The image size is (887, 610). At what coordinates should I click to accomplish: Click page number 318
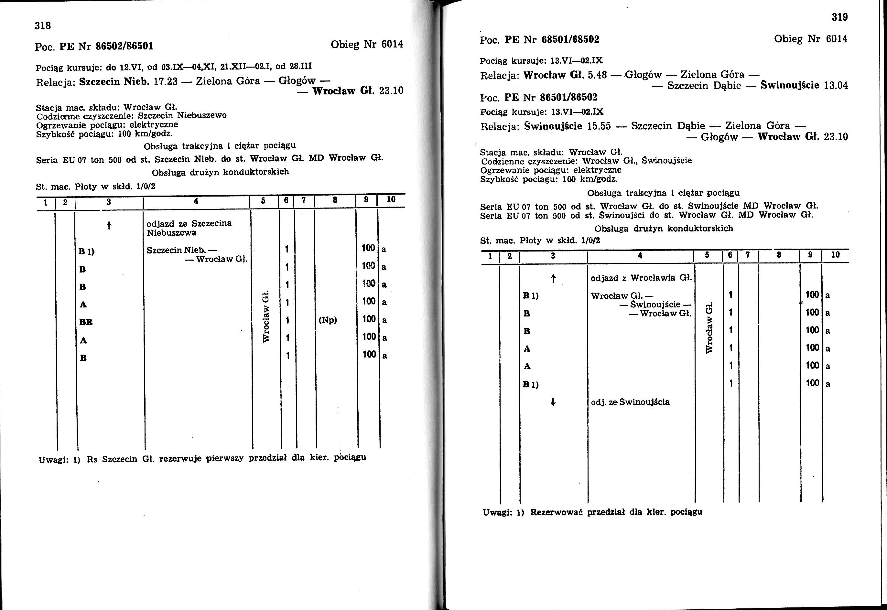tap(43, 26)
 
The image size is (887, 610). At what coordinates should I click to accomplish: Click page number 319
tap(839, 17)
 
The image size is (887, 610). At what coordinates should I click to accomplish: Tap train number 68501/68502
tap(570, 39)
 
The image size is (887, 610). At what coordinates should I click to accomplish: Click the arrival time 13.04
tap(836, 85)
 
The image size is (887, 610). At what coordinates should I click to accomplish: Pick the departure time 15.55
tap(599, 126)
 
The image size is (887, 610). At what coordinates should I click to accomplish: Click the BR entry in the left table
tap(86, 322)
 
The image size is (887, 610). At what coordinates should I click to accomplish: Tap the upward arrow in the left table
tap(109, 226)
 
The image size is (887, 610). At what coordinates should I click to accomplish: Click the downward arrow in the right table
tap(552, 402)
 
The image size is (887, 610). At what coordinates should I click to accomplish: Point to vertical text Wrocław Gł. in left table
tap(266, 316)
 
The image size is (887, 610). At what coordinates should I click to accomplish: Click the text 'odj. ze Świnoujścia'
tap(630, 402)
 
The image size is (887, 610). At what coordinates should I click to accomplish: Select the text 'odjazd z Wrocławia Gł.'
tap(641, 278)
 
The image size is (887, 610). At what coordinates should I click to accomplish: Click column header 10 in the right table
tap(835, 254)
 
